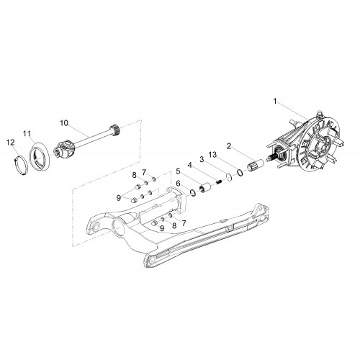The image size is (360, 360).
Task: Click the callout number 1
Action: click(x=275, y=102)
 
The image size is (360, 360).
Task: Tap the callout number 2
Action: click(x=229, y=146)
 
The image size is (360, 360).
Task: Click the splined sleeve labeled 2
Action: click(x=256, y=164)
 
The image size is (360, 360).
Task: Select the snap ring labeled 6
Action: click(x=192, y=192)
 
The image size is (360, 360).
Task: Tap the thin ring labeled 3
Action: click(x=229, y=177)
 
